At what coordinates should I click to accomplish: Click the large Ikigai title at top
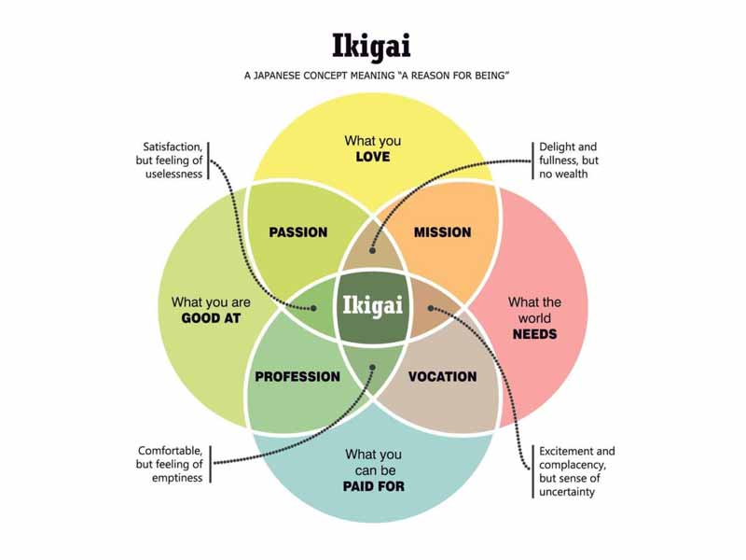click(x=372, y=47)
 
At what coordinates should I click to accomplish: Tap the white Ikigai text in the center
click(x=373, y=305)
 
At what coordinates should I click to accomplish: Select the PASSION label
click(x=297, y=231)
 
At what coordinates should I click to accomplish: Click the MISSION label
click(x=442, y=231)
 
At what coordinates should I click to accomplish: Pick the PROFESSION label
click(x=297, y=377)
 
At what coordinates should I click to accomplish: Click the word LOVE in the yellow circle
click(x=372, y=157)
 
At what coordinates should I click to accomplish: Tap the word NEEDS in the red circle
click(x=534, y=333)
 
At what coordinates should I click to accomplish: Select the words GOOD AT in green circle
click(x=212, y=318)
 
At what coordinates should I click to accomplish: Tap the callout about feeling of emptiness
click(x=171, y=464)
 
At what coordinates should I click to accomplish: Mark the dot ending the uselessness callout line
click(x=313, y=307)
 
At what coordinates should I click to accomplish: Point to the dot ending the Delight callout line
click(x=371, y=250)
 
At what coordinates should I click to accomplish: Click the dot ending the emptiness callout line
click(x=372, y=368)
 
